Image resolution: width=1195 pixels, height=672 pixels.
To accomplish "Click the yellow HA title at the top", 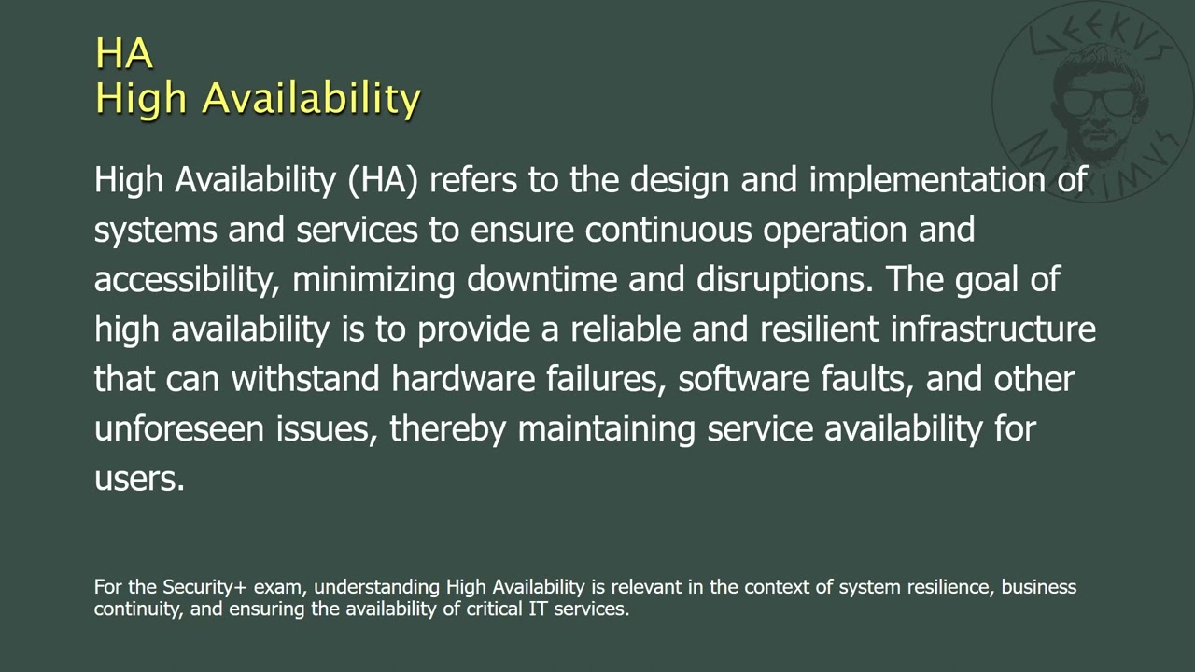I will pos(123,53).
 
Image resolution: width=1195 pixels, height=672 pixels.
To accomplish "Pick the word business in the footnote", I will pos(1039,587).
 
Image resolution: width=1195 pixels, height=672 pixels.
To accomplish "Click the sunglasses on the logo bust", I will pos(1099,98).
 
